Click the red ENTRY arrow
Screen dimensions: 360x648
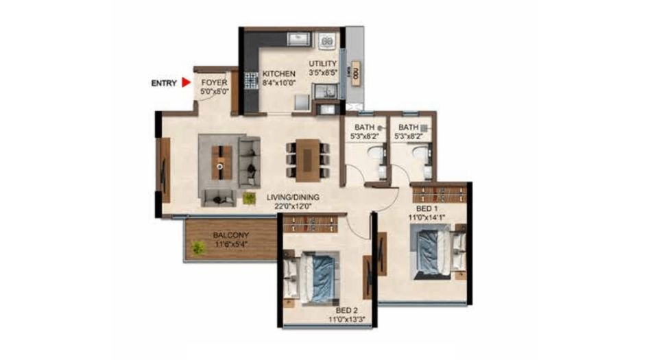185,83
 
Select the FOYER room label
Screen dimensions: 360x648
214,82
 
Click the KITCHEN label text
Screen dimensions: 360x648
279,74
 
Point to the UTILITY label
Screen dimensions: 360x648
322,64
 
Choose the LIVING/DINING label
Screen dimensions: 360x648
293,197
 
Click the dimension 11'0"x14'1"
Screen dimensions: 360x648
427,217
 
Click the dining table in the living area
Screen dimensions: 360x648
307,160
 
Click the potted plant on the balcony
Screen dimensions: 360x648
198,248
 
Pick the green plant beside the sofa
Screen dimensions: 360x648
248,197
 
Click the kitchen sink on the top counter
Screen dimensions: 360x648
299,40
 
